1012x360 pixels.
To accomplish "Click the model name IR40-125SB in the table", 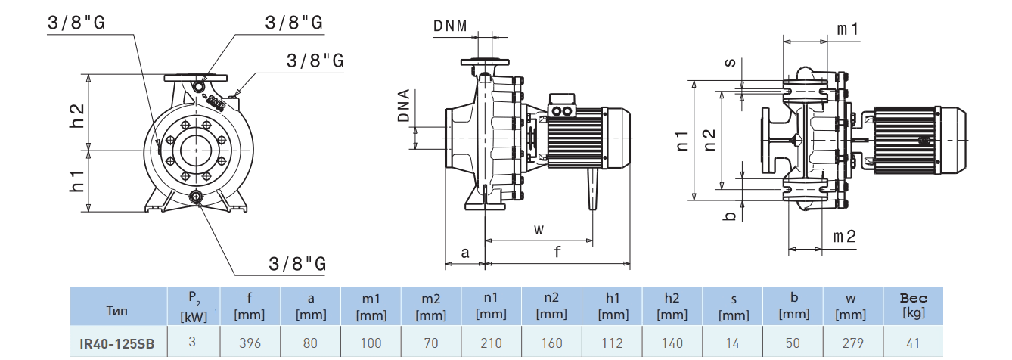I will [x=117, y=343].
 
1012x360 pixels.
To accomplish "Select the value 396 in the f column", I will [x=250, y=343].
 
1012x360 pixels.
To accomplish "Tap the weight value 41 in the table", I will [x=913, y=343].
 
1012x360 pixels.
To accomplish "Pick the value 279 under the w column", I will [x=852, y=343].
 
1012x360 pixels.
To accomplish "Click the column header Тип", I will [x=117, y=310].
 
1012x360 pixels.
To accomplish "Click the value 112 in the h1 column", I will [x=612, y=343].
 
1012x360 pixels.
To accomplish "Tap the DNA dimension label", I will [x=404, y=107].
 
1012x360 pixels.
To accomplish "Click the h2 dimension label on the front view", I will [x=77, y=114].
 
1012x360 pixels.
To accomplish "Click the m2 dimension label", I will [x=845, y=237].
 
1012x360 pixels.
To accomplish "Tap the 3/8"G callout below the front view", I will [x=297, y=264].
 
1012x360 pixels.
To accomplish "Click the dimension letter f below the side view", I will [x=557, y=253].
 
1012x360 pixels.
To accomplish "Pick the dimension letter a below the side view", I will [x=464, y=253].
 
